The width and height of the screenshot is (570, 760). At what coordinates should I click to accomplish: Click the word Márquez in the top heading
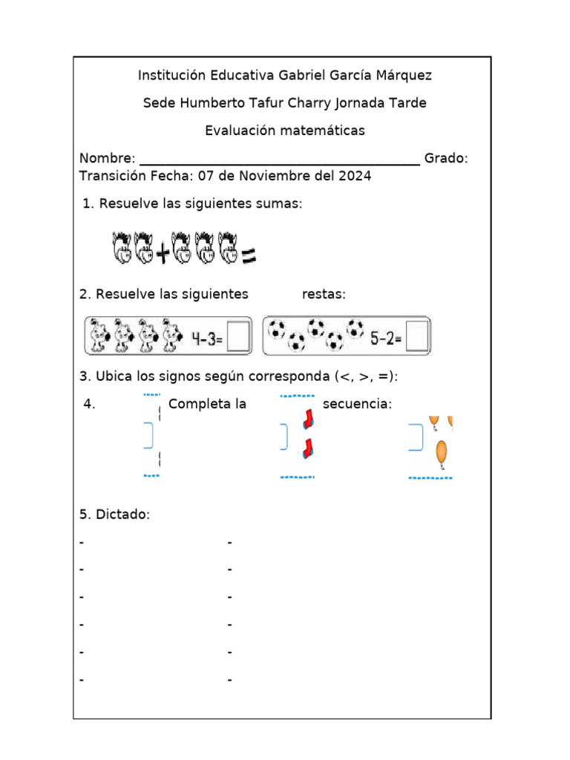tap(403, 75)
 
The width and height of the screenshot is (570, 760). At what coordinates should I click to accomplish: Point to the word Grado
tap(445, 159)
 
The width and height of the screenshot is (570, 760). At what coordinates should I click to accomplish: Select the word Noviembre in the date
tap(256, 176)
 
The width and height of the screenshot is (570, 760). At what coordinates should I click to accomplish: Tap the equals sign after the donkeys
tap(248, 256)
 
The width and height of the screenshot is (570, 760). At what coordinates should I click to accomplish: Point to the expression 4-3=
tap(208, 338)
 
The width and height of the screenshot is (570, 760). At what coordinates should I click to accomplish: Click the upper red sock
tap(307, 421)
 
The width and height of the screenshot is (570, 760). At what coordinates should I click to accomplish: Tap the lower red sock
tap(307, 448)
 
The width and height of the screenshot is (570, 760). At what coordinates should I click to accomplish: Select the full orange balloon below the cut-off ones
tap(442, 453)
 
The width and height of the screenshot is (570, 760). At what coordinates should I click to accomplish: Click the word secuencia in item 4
tap(357, 404)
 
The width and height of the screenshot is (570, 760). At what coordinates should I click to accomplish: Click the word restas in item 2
tap(324, 295)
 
